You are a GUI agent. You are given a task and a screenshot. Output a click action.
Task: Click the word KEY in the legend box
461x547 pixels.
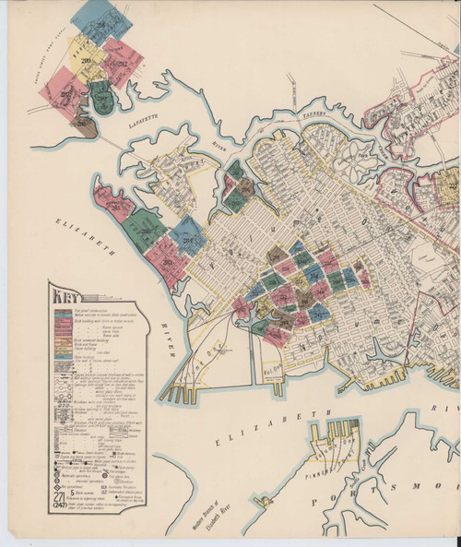tap(66, 296)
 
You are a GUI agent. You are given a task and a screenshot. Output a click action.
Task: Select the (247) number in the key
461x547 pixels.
tap(59, 505)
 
